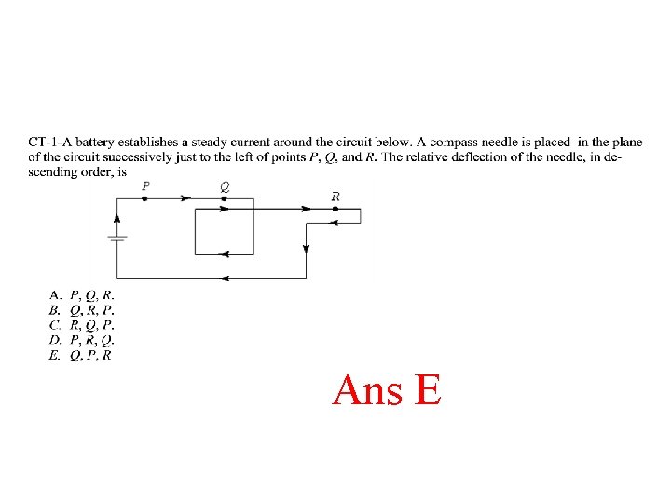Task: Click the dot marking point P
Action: [144, 198]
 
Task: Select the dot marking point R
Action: [335, 209]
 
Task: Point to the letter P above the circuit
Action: [145, 186]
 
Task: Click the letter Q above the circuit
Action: [225, 186]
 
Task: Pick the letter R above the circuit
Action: [335, 196]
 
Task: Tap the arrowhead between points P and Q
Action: [185, 198]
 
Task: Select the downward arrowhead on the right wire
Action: [307, 249]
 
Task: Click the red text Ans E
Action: [386, 389]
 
